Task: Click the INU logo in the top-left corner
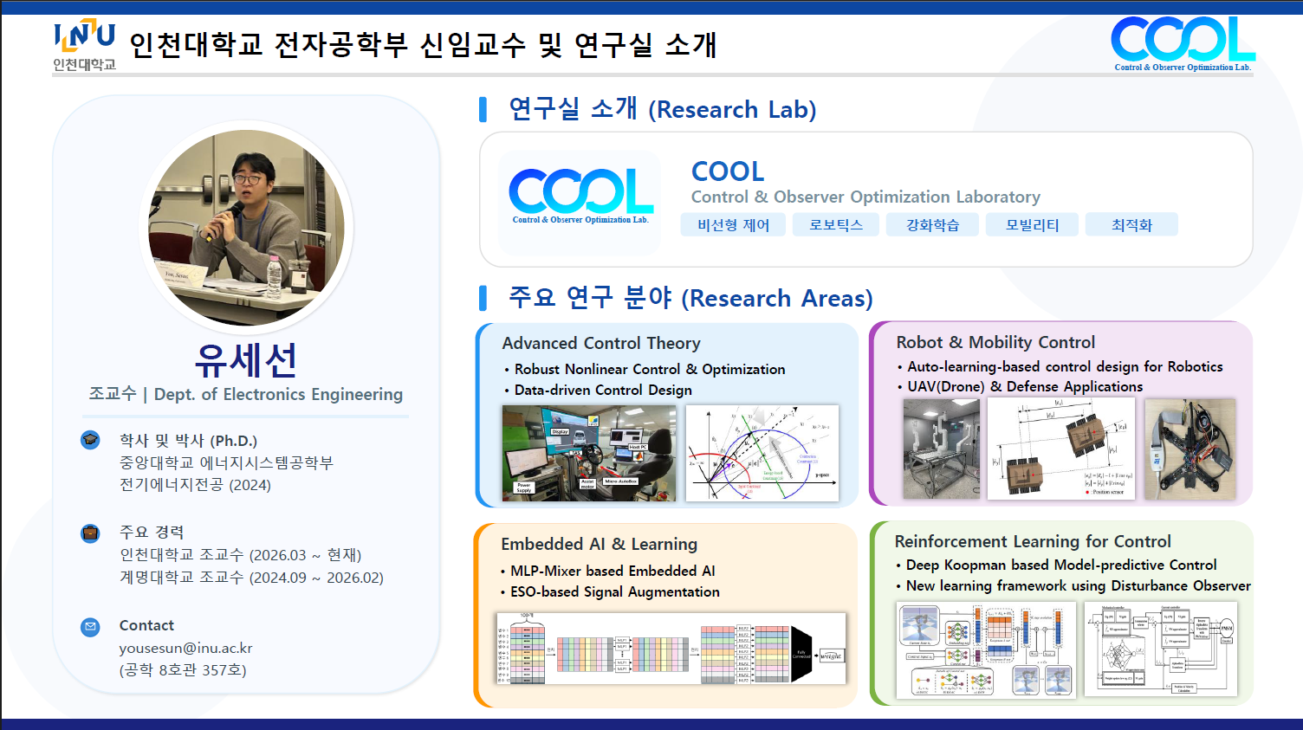84,45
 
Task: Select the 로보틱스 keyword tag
835,225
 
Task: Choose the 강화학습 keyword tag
932,225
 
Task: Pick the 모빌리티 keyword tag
1032,225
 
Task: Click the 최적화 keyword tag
1131,225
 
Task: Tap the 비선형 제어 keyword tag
733,225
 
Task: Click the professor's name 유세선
246,359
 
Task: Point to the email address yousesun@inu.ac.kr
185,648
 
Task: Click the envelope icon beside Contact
90,626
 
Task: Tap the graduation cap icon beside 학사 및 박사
90,440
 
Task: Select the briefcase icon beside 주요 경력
90,533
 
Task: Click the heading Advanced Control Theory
600,343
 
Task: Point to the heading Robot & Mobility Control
995,342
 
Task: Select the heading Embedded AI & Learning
599,544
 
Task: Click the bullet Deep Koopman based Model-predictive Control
1060,565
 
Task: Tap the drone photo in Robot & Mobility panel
1190,449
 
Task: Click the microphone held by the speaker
232,212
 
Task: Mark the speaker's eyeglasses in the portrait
249,178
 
